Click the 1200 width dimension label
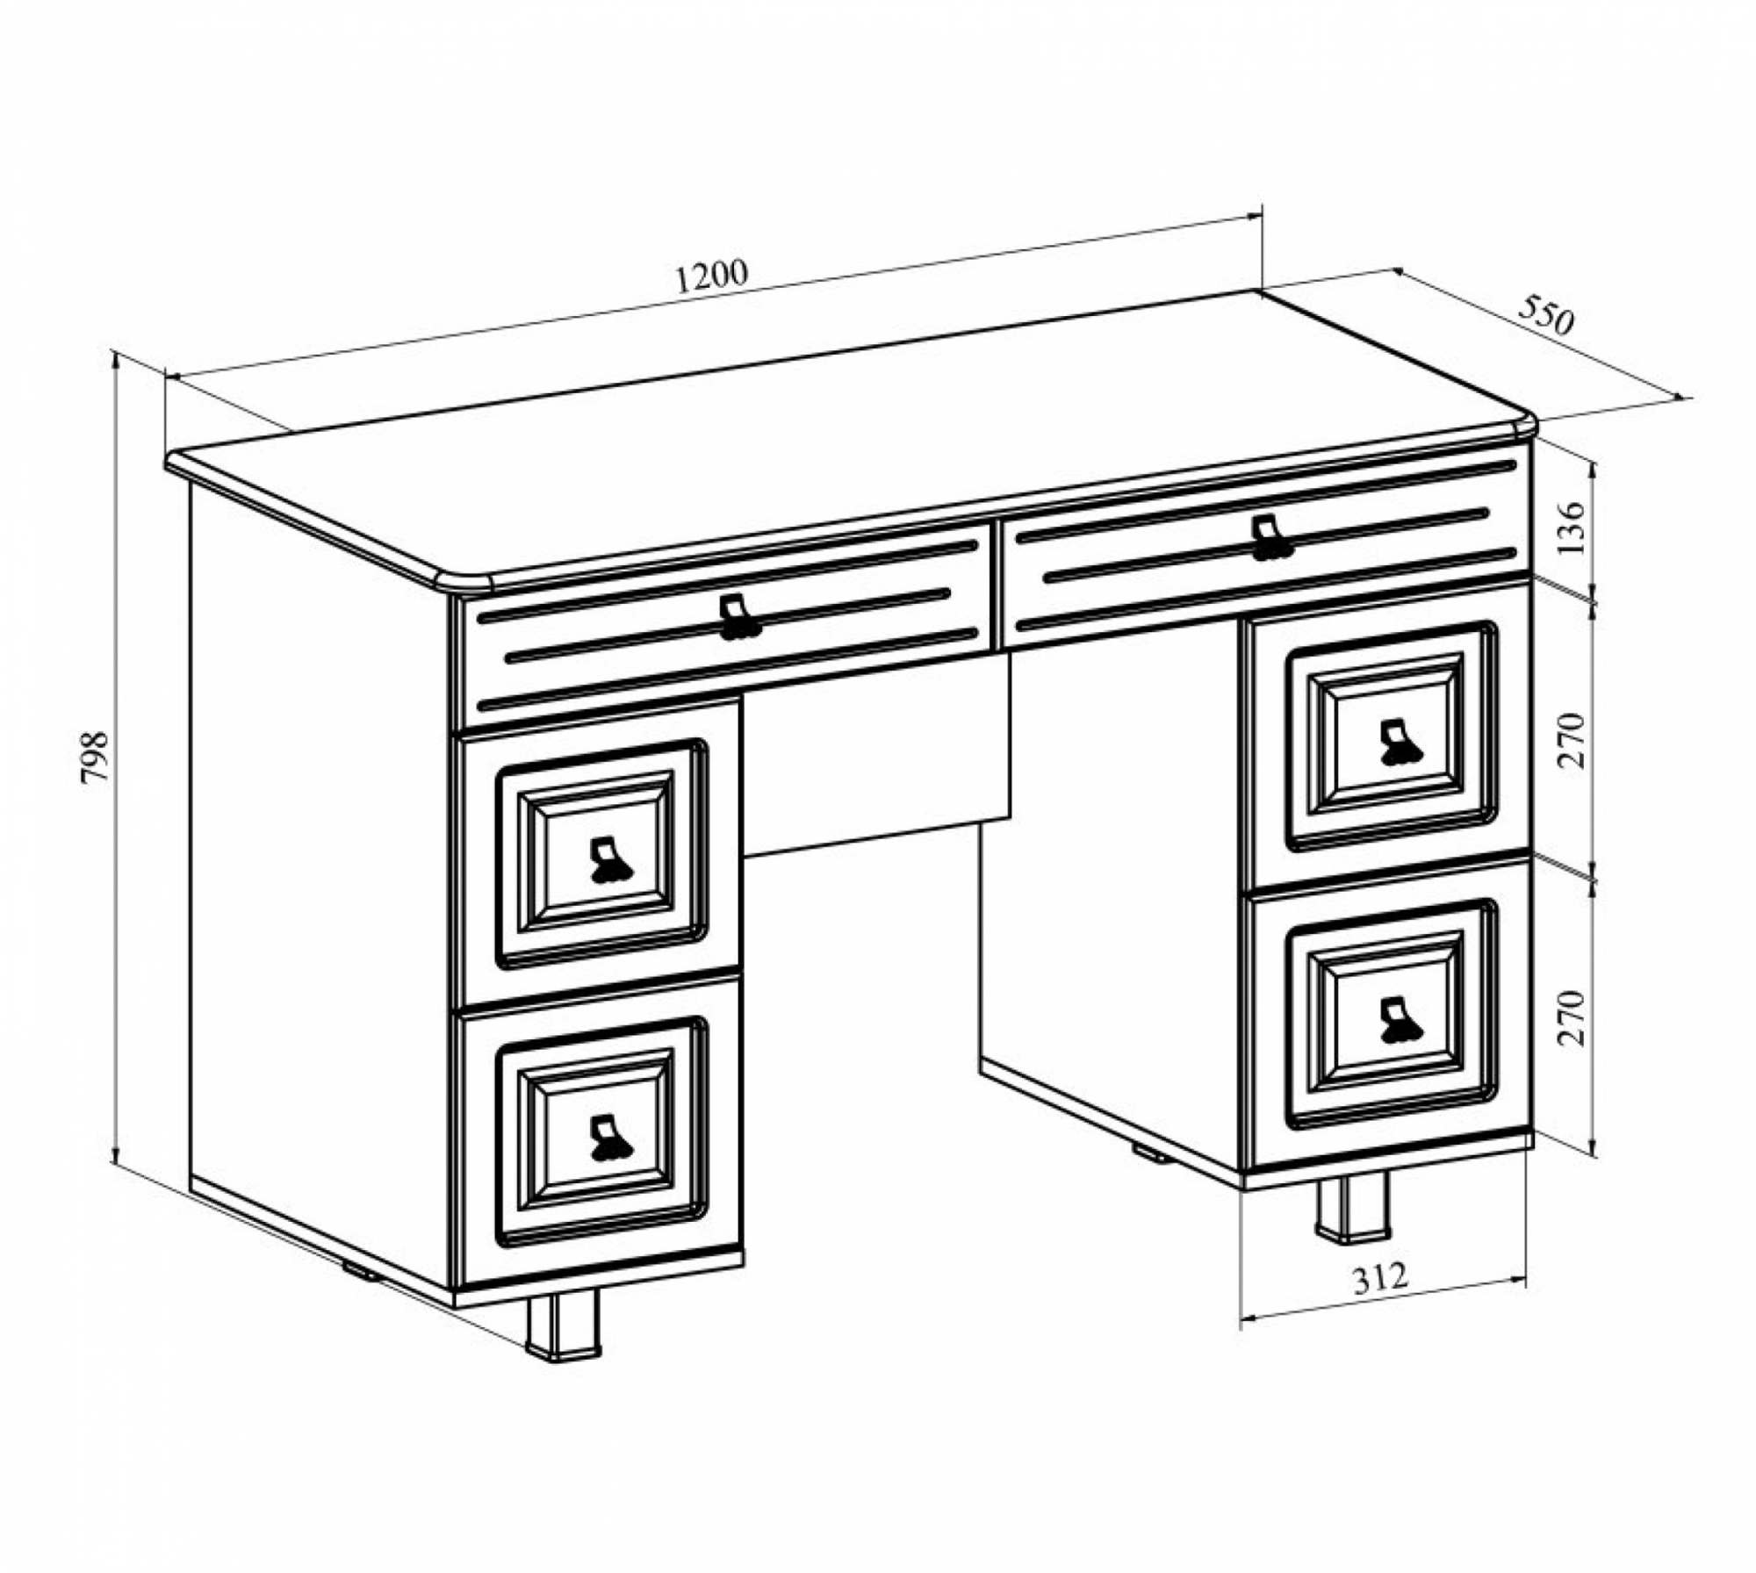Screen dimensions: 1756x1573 pos(712,276)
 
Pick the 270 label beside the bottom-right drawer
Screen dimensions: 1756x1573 pos(1571,1017)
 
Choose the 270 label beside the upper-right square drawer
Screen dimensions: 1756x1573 pos(1571,742)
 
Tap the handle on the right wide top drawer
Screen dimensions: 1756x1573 pos(1270,538)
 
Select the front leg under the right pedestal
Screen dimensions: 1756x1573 pos(1352,1207)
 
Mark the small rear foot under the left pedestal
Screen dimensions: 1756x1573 pos(360,1269)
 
